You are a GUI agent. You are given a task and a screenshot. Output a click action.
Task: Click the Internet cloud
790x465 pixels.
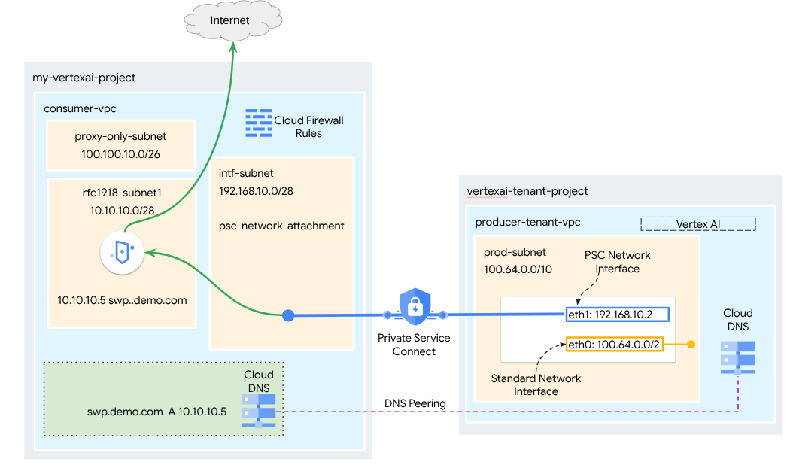pos(229,21)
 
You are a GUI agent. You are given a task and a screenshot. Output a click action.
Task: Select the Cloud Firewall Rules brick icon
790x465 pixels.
pos(259,123)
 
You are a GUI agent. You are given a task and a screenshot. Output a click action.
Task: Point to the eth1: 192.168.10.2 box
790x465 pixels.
pos(616,315)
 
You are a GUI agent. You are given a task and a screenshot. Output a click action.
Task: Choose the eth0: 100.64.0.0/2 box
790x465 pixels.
pos(615,345)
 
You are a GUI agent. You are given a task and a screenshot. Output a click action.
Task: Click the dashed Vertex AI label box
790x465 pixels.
pos(697,224)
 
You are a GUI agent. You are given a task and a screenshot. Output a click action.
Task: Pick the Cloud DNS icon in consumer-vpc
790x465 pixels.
pos(259,410)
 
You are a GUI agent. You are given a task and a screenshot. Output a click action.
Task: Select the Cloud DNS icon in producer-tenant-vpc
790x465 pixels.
pos(737,357)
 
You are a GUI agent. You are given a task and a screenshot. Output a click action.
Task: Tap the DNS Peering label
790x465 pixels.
pos(415,403)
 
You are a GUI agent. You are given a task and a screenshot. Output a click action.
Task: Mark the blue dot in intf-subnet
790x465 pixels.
pos(288,315)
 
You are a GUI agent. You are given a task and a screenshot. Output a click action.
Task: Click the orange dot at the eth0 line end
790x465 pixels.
pos(691,345)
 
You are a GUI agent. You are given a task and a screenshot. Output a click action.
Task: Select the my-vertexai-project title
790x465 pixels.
pos(84,77)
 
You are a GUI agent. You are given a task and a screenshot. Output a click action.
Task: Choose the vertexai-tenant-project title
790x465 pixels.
pos(527,191)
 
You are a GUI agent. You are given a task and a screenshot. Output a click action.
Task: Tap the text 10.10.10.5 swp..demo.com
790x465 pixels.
pos(122,300)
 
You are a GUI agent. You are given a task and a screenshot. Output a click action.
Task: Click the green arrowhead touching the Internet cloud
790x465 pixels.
pos(233,47)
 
